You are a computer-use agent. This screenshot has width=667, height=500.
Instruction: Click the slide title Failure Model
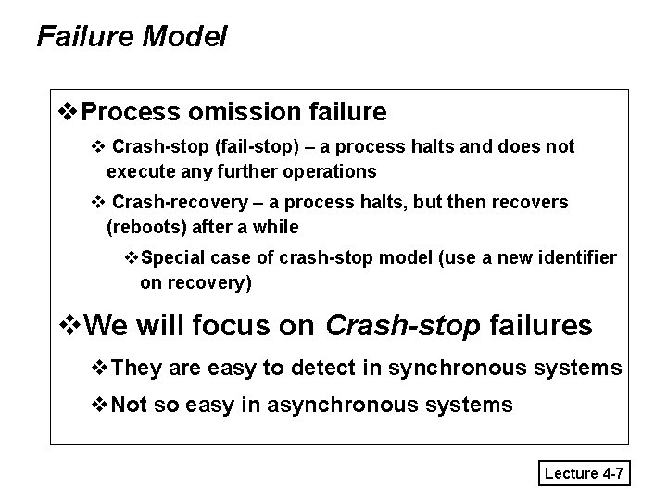point(131,37)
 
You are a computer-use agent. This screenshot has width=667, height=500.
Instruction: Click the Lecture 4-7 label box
point(585,474)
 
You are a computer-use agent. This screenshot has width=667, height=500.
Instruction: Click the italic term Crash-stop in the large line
point(403,325)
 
